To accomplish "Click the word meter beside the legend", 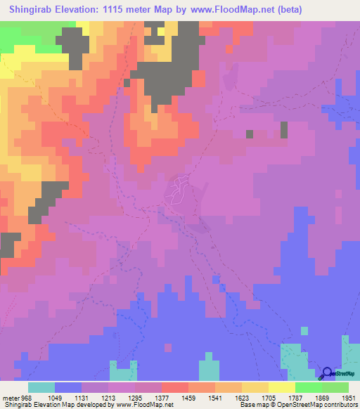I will [x=11, y=397].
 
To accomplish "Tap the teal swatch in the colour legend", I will [x=41, y=387].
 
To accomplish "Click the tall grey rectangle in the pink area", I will [x=284, y=130].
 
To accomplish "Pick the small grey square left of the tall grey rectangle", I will [x=249, y=134].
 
